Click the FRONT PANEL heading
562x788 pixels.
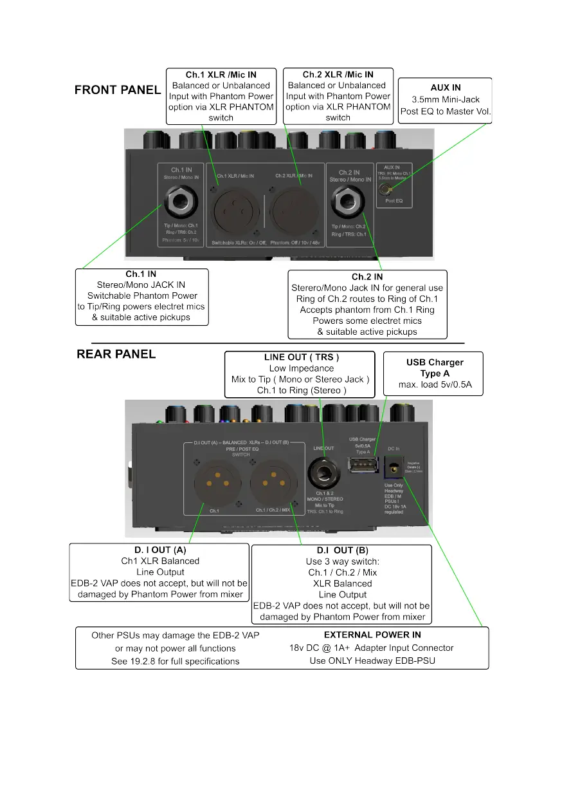pos(118,90)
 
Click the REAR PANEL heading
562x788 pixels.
pos(116,354)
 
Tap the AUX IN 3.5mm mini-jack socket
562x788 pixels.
pos(386,189)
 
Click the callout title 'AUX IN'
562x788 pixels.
pos(446,88)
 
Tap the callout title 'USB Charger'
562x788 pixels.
pos(435,362)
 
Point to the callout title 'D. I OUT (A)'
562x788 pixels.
pos(160,550)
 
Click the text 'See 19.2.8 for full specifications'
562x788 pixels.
pos(175,661)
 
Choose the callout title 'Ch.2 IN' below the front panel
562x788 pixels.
pos(367,277)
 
